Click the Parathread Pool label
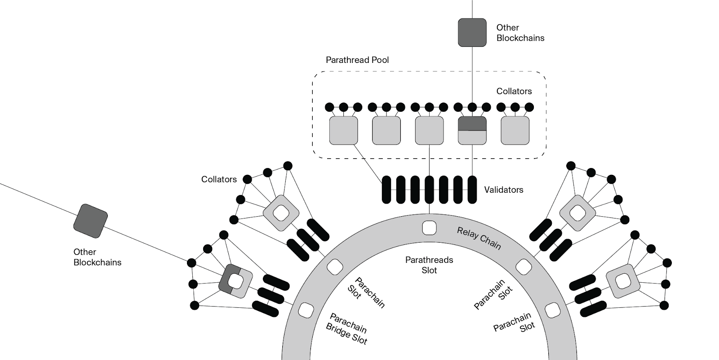click(x=357, y=60)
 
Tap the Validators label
click(x=503, y=190)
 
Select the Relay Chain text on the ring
click(x=479, y=238)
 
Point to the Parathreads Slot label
click(x=429, y=265)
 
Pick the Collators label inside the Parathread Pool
click(x=514, y=91)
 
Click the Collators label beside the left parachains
click(x=219, y=179)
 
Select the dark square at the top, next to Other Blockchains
click(x=472, y=32)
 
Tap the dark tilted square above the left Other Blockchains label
click(x=90, y=221)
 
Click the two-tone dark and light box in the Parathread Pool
click(x=472, y=130)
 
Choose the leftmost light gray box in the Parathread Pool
click(x=343, y=130)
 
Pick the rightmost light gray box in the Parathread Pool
click(x=515, y=130)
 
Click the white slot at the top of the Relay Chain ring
click(x=429, y=228)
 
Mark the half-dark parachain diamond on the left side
click(x=235, y=281)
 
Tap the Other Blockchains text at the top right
click(x=520, y=33)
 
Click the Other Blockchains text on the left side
click(x=97, y=257)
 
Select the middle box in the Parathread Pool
click(x=429, y=130)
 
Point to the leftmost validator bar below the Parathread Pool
click(x=386, y=190)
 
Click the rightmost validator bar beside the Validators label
click(x=472, y=190)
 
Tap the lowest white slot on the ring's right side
click(x=552, y=310)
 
